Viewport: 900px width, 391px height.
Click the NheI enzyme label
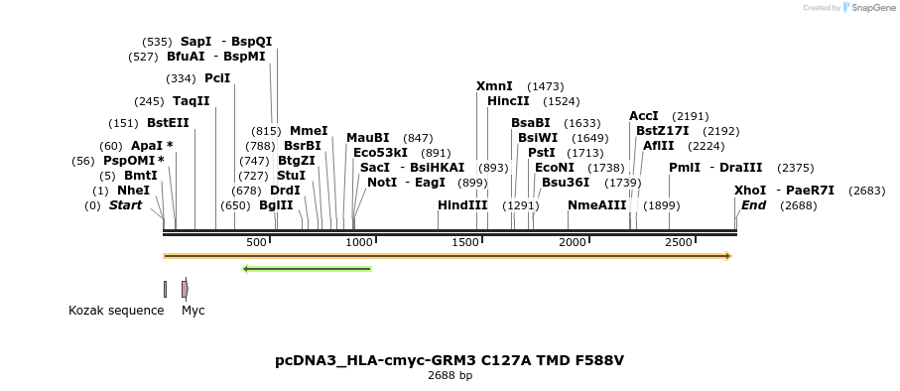pos(134,191)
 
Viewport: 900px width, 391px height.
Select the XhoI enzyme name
pos(750,191)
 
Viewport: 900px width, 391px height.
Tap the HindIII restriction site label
pos(462,205)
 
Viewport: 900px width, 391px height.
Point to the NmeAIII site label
pos(596,205)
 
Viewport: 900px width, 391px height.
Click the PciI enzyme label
pos(217,78)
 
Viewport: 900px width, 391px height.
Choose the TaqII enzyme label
pos(192,101)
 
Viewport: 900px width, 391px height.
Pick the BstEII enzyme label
pos(168,123)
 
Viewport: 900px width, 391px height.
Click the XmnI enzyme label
pos(494,86)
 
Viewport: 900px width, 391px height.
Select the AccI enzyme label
pos(644,116)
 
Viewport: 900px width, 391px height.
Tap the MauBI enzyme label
pos(368,138)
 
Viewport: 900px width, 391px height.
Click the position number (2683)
pos(866,191)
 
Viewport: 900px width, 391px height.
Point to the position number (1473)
pos(545,86)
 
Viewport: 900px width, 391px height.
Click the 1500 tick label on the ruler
pos(465,243)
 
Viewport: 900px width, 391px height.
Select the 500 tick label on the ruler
pos(256,243)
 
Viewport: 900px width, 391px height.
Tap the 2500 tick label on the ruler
pos(678,243)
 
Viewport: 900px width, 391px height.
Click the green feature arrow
pos(307,268)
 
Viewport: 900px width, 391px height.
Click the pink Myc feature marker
pos(185,289)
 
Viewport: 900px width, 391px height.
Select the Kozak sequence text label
pos(116,311)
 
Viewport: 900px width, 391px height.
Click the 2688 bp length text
pos(450,376)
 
